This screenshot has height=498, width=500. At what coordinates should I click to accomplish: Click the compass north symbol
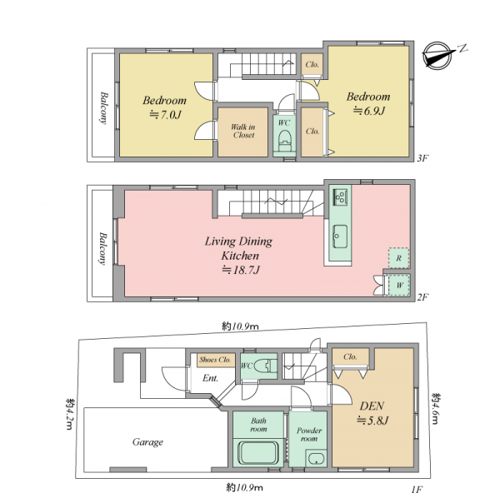click(x=440, y=54)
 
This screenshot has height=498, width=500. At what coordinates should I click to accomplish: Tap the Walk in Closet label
click(x=243, y=131)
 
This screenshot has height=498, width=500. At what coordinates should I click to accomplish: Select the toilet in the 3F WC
click(x=284, y=141)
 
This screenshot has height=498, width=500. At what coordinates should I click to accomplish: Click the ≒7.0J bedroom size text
click(x=165, y=114)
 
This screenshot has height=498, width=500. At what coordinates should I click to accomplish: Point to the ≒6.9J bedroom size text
click(x=369, y=111)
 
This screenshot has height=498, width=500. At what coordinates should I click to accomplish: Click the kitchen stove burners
click(x=340, y=197)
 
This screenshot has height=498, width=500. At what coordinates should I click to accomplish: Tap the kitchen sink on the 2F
click(x=340, y=237)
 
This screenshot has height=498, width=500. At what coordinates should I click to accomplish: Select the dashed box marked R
click(x=398, y=258)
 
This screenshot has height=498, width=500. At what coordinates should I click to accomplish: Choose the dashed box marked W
click(x=399, y=285)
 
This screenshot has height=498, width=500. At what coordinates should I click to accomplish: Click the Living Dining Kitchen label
click(x=239, y=248)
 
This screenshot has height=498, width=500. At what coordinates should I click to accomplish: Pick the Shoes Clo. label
click(x=215, y=360)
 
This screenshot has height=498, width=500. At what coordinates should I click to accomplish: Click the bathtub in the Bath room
click(x=258, y=452)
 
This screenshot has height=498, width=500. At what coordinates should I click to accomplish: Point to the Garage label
click(x=147, y=442)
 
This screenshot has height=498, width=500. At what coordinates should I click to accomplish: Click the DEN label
click(x=372, y=406)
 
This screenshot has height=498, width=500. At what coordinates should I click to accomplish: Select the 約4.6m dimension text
click(x=436, y=408)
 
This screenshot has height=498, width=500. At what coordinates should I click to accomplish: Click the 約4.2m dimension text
click(x=70, y=414)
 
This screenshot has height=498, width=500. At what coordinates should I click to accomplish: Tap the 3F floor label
click(x=423, y=158)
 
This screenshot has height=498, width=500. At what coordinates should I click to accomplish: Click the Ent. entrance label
click(x=211, y=378)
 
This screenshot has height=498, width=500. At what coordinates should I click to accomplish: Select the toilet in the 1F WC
click(x=265, y=366)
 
